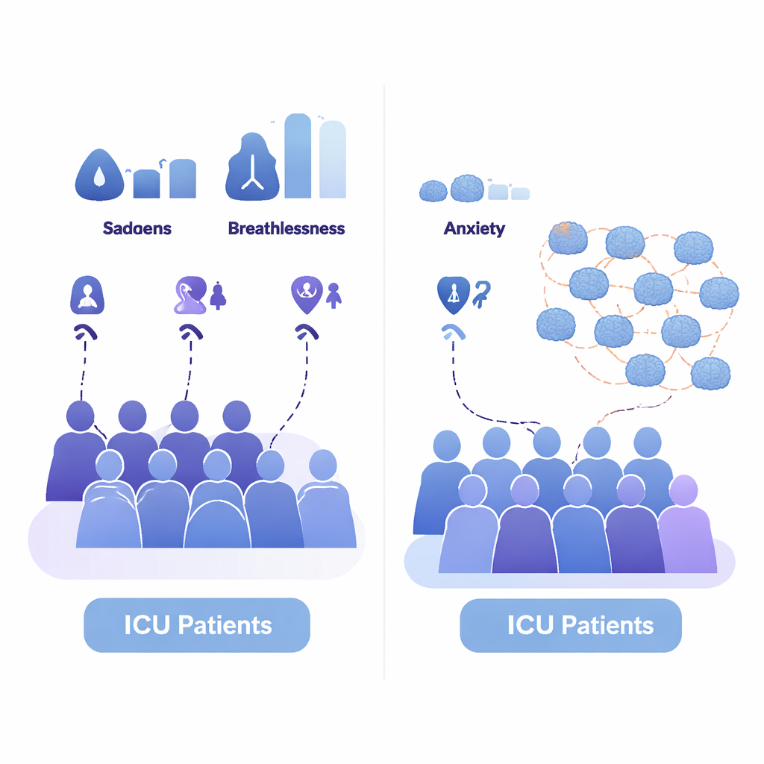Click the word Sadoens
(137, 228)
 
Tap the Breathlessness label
(286, 228)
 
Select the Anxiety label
(474, 228)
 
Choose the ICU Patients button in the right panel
(571, 625)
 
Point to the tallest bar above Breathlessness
(297, 156)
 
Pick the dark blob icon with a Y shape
(252, 169)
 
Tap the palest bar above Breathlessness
(333, 160)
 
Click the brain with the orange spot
(567, 237)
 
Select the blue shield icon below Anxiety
(453, 293)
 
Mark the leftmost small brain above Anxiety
(433, 191)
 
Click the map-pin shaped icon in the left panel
(306, 293)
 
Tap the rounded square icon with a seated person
(87, 294)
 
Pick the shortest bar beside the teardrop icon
(146, 184)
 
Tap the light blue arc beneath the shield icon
(451, 332)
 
